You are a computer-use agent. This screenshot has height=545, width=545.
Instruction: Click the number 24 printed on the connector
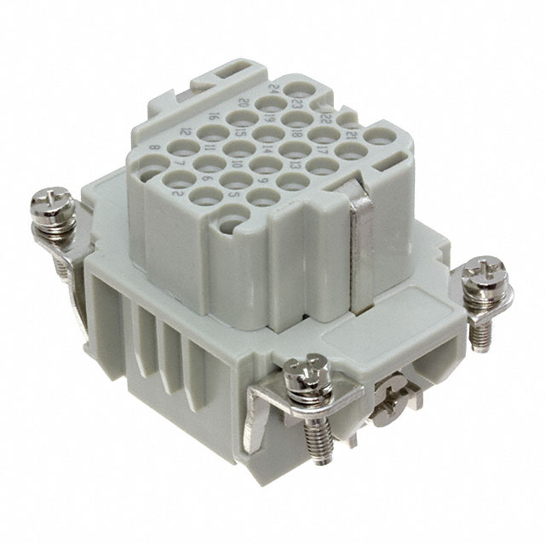[270, 89]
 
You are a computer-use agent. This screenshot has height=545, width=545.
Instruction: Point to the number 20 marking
[243, 102]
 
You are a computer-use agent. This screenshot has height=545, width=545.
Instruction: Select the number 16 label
[215, 118]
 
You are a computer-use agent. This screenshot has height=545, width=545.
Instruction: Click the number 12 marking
[186, 132]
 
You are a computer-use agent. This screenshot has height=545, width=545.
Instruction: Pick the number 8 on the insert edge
[153, 147]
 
